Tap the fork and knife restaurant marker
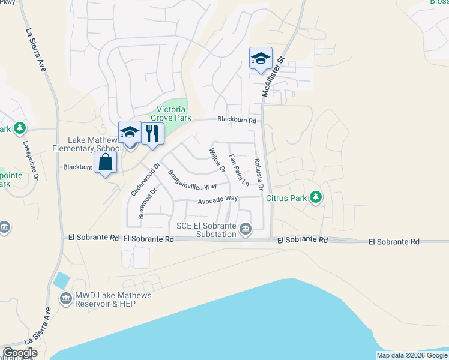coord(152,133)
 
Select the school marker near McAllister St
coord(261,59)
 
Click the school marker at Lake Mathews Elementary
coord(130,133)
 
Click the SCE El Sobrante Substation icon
coord(245,229)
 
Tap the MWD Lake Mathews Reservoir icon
coord(65,299)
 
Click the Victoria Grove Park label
coord(174,113)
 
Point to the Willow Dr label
coord(217,160)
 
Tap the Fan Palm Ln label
coord(239,169)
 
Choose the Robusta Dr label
coord(258,174)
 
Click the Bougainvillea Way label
coord(192,180)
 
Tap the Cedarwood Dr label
coord(146,179)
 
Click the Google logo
coord(20,353)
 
